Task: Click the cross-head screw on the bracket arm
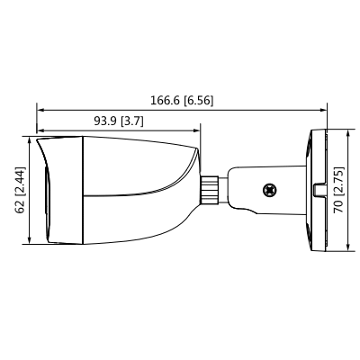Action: (x=267, y=191)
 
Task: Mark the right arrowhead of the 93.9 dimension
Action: (x=196, y=130)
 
